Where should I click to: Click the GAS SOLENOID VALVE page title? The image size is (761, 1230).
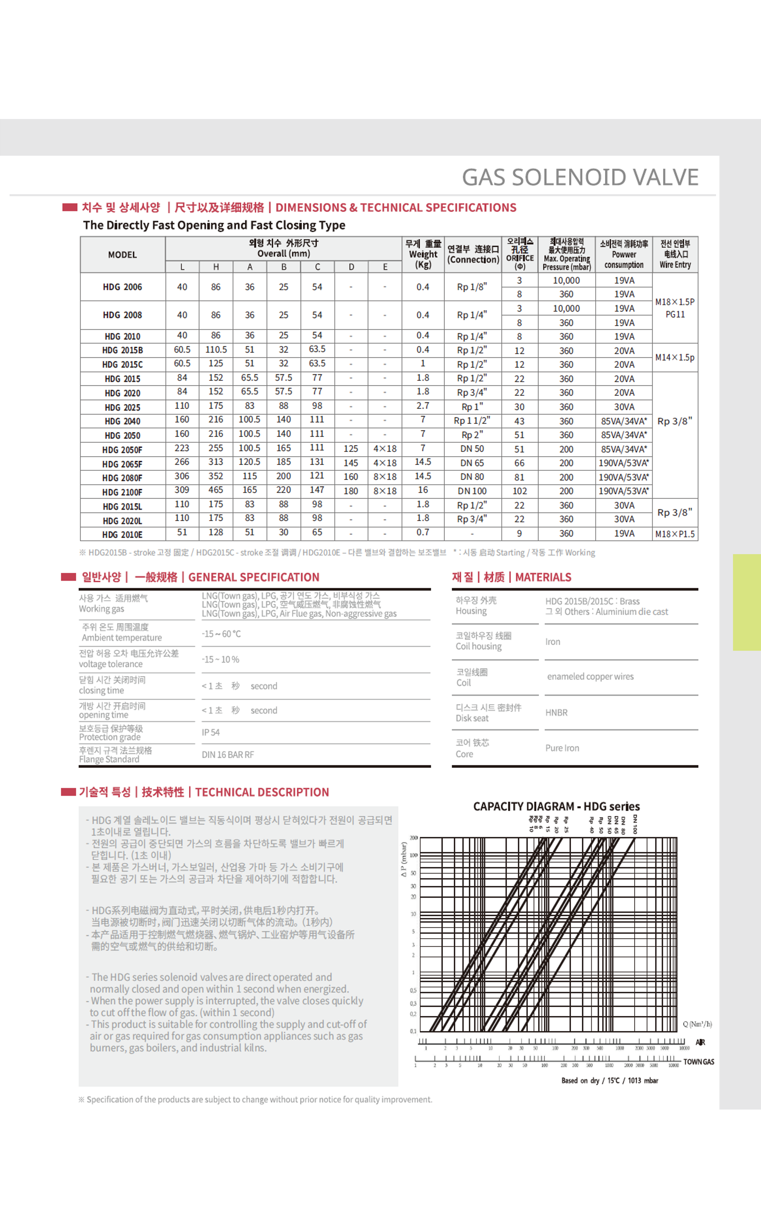pyautogui.click(x=580, y=177)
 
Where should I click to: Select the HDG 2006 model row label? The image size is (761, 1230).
pyautogui.click(x=122, y=287)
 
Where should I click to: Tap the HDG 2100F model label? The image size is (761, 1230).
pyautogui.click(x=122, y=492)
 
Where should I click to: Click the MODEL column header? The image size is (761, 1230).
pyautogui.click(x=122, y=255)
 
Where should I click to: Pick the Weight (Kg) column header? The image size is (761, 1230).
pyautogui.click(x=423, y=254)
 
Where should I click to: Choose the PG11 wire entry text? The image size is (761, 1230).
pyautogui.click(x=675, y=314)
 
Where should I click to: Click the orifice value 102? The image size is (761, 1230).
pyautogui.click(x=519, y=491)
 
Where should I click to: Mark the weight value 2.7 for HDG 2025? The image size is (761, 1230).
pyautogui.click(x=423, y=406)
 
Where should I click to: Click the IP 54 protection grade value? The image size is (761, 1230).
pyautogui.click(x=211, y=732)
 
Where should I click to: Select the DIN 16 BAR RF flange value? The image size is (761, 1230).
pyautogui.click(x=228, y=754)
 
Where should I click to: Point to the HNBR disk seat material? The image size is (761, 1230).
pyautogui.click(x=556, y=713)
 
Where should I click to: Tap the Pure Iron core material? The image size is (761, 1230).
pyautogui.click(x=562, y=748)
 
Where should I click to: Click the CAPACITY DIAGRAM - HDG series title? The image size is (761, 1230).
pyautogui.click(x=556, y=806)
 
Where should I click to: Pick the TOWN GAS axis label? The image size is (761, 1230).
pyautogui.click(x=699, y=1062)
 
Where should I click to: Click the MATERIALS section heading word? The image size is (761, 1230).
pyautogui.click(x=543, y=577)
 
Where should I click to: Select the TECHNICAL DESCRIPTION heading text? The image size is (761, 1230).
pyautogui.click(x=262, y=792)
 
